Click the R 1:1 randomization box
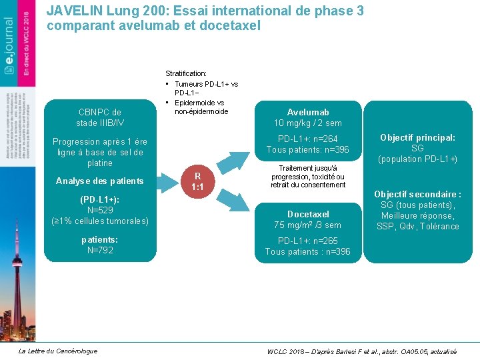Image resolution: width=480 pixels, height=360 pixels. click(x=197, y=181)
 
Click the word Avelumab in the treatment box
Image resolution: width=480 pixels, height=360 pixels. click(x=308, y=112)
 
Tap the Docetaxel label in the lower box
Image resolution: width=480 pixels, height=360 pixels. click(x=308, y=214)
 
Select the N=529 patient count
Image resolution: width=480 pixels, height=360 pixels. click(x=100, y=210)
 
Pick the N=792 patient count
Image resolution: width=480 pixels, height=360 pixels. click(x=100, y=250)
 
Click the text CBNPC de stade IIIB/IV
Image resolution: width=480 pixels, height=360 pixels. click(x=100, y=117)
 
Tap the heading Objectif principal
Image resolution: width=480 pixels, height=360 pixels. click(x=417, y=137)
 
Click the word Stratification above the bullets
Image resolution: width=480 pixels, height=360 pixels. click(x=186, y=73)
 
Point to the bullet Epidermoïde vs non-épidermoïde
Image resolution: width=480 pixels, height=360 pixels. click(x=199, y=107)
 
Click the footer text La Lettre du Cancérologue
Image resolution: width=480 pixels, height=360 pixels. click(x=58, y=351)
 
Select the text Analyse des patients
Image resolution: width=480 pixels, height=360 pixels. click(x=100, y=181)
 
